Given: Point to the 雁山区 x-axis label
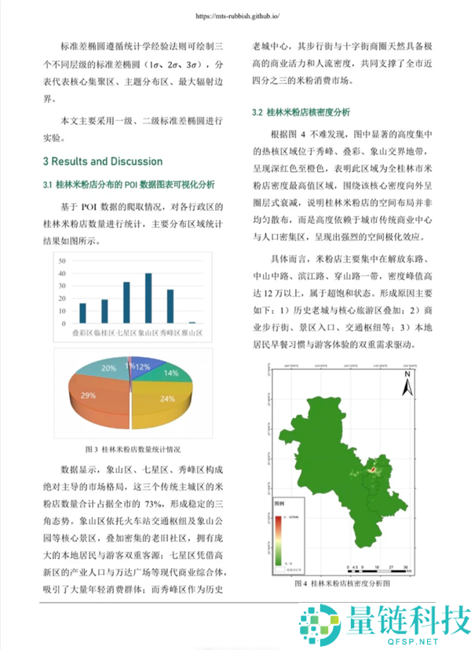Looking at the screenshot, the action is pos(193,333).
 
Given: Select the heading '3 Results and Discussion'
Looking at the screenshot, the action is pos(103,161).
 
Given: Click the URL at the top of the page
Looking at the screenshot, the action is pos(235,15).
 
